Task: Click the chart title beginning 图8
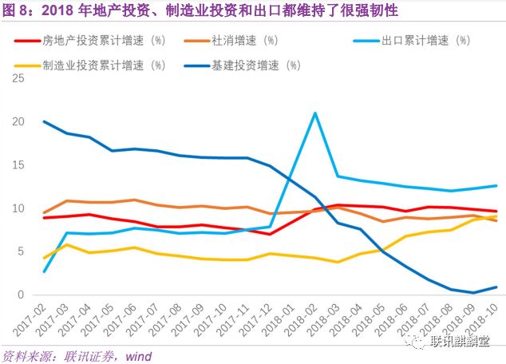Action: (x=200, y=10)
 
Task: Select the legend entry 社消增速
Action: (x=246, y=39)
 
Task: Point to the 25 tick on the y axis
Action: (x=18, y=78)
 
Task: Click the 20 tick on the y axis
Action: (x=18, y=121)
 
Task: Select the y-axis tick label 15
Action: (x=18, y=164)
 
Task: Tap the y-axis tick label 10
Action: (x=18, y=208)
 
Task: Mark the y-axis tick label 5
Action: (x=22, y=251)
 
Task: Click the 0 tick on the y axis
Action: (x=22, y=295)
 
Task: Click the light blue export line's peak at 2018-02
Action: (x=315, y=113)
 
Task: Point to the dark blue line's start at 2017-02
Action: (x=43, y=121)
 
